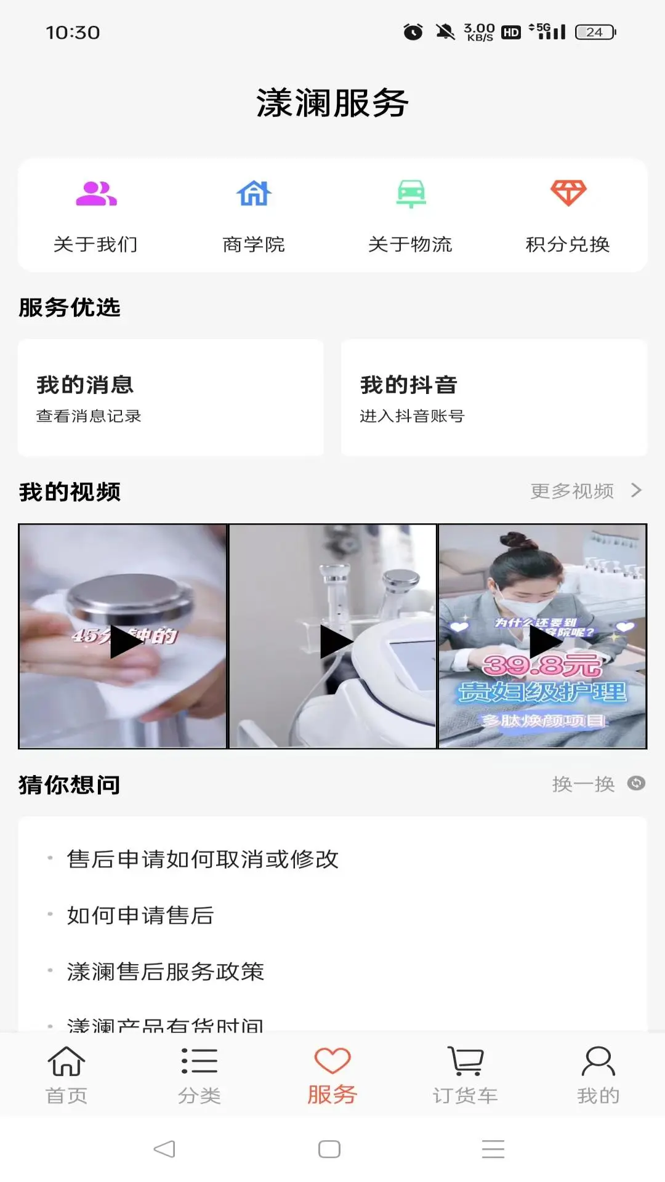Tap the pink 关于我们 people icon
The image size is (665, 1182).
[96, 194]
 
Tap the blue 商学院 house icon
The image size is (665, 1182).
[254, 194]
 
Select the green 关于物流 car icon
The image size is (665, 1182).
[411, 194]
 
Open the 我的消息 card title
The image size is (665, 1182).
[85, 385]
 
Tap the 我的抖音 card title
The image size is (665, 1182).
[409, 385]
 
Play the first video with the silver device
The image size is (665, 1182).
[123, 640]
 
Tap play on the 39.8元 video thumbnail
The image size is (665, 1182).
[543, 640]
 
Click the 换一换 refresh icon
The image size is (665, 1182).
[635, 783]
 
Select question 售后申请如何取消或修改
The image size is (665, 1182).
[203, 859]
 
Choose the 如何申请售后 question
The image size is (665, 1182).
[140, 915]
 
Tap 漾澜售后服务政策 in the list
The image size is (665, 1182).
[166, 971]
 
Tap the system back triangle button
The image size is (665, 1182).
[164, 1149]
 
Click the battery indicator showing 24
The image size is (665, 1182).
[595, 32]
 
